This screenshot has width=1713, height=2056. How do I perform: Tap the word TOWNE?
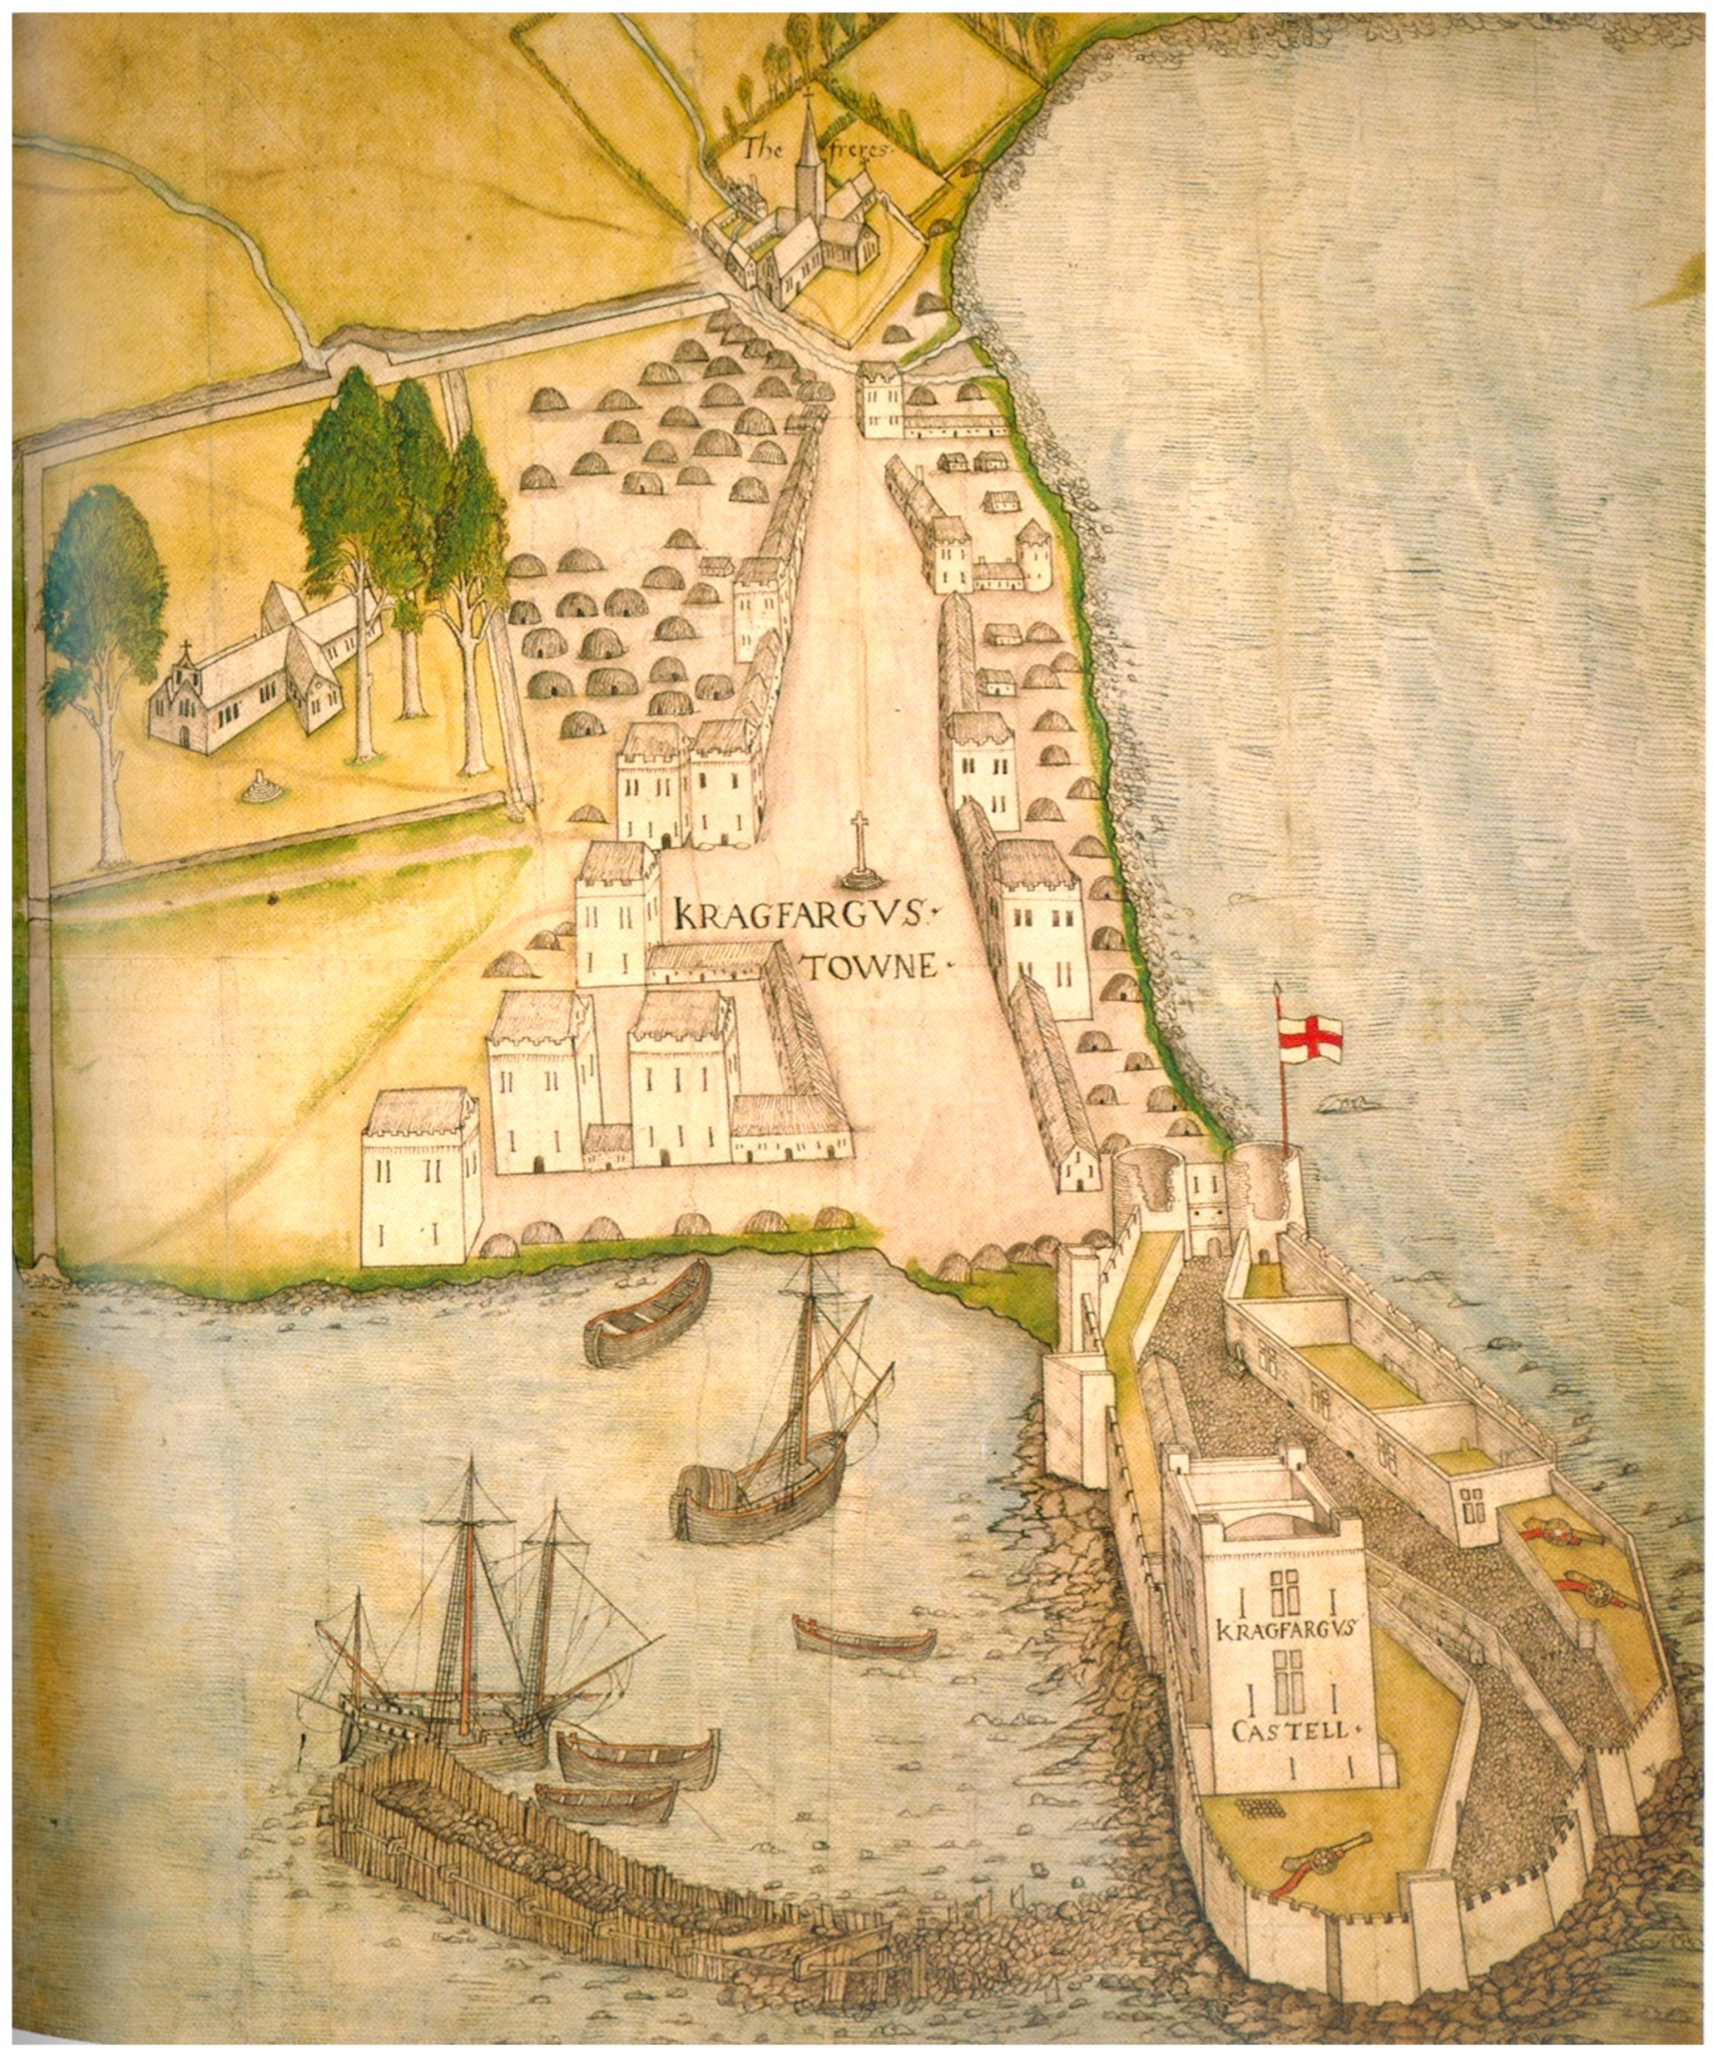(x=870, y=968)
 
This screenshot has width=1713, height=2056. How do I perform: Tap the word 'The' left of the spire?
(x=760, y=150)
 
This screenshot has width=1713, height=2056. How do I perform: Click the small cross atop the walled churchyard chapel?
(x=184, y=649)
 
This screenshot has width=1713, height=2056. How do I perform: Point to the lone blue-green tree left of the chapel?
(x=102, y=626)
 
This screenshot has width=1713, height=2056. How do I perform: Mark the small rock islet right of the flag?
(x=1348, y=1104)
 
